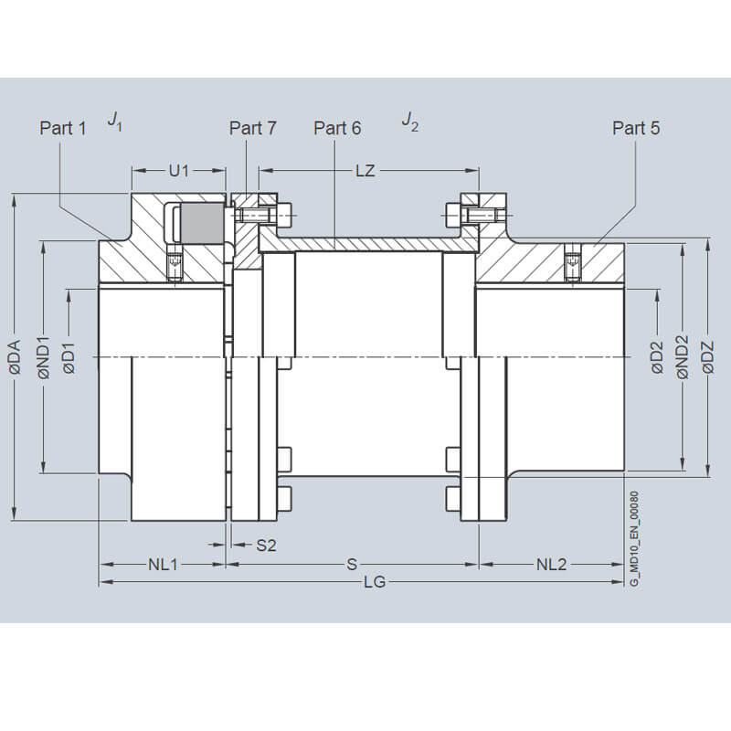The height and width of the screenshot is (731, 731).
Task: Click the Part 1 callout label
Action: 63,128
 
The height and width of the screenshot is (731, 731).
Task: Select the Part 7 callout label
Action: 253,128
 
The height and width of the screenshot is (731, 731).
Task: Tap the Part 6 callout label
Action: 337,128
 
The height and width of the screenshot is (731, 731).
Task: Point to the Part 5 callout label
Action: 636,128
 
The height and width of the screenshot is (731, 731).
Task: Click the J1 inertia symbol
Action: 115,122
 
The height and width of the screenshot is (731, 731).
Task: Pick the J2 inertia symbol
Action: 409,122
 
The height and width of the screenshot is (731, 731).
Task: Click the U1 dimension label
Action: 179,171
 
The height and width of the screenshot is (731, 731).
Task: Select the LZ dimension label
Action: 365,171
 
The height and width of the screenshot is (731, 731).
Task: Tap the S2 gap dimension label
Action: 266,545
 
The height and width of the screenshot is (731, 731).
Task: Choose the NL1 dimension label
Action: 164,565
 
